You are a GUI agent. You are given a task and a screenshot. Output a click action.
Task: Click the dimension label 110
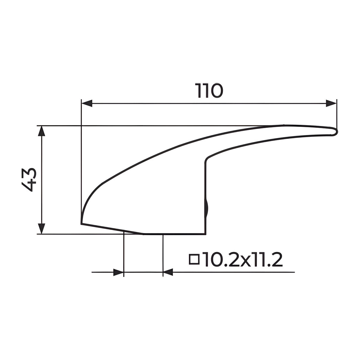click(x=209, y=91)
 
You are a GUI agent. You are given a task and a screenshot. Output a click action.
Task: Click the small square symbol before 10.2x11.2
click(x=194, y=259)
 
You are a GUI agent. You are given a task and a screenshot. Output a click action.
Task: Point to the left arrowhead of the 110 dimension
click(x=87, y=103)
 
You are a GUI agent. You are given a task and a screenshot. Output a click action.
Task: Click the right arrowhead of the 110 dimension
click(x=331, y=103)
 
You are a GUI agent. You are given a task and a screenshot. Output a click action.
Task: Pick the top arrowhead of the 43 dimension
click(x=41, y=131)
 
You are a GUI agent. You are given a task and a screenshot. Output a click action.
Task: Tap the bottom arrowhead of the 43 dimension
click(x=41, y=229)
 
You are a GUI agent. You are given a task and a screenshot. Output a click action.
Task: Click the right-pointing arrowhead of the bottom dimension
click(x=118, y=272)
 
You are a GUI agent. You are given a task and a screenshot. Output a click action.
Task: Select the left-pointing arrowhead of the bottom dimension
click(x=168, y=272)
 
